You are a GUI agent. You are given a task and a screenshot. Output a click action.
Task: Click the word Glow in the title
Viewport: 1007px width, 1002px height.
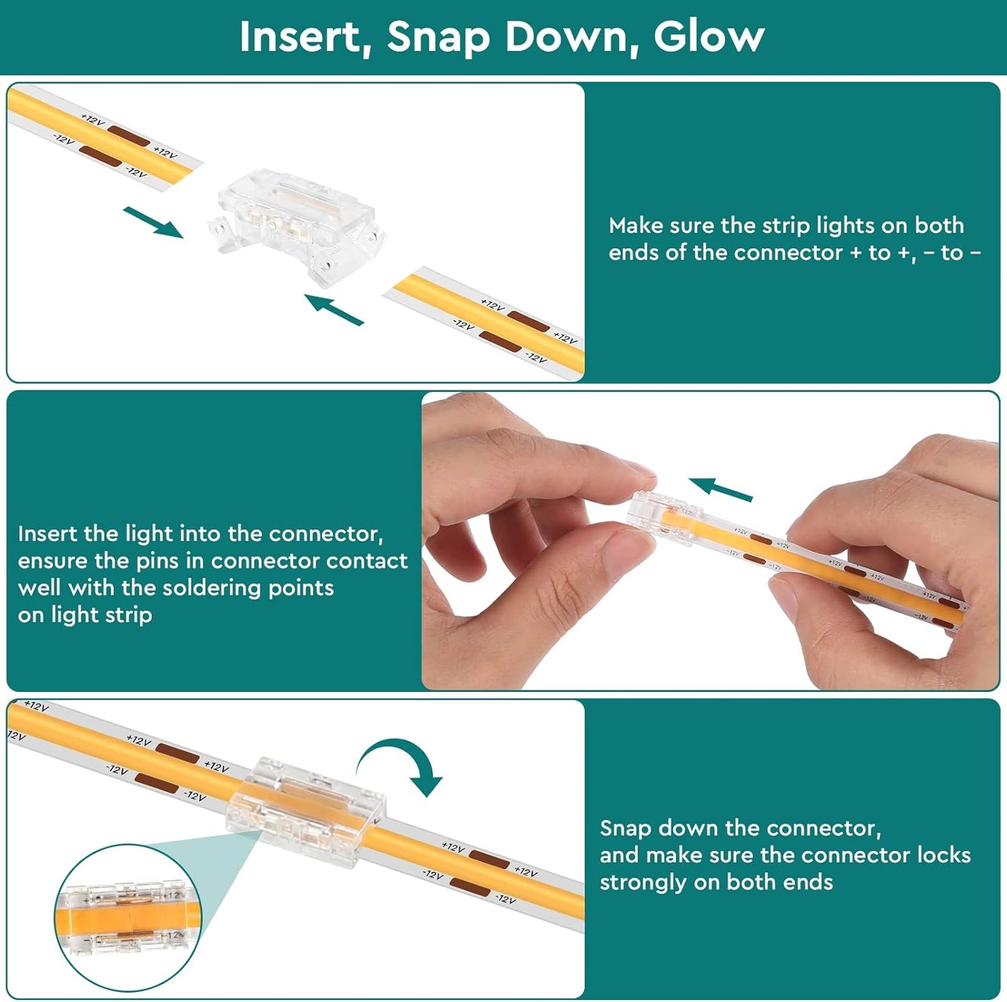click(x=709, y=37)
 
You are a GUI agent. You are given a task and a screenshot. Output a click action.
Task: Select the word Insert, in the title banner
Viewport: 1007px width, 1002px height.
click(x=306, y=38)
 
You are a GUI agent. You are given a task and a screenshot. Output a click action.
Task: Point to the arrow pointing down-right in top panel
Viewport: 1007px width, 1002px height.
click(x=153, y=222)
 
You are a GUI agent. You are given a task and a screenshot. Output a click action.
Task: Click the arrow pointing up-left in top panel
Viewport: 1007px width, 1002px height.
click(x=333, y=309)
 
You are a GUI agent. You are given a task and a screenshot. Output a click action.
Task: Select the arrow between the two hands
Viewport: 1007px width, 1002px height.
click(x=721, y=489)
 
